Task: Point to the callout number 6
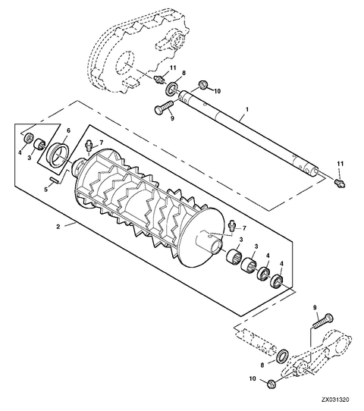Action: click(x=68, y=130)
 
